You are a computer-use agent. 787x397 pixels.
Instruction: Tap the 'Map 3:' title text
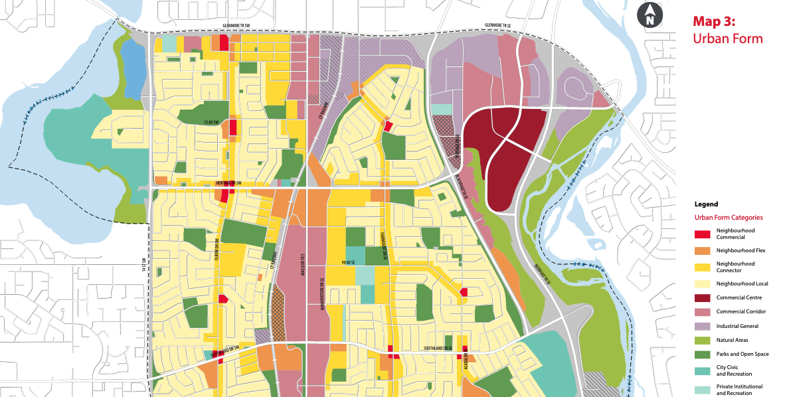click(717, 21)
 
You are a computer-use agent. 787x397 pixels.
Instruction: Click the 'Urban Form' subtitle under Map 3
click(728, 39)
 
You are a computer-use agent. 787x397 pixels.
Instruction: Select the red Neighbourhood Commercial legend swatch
click(703, 234)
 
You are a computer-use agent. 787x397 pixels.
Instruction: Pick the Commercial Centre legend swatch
click(703, 298)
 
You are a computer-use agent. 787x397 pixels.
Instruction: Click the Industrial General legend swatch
click(703, 326)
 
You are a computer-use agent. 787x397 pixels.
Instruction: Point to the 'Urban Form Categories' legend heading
click(729, 217)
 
